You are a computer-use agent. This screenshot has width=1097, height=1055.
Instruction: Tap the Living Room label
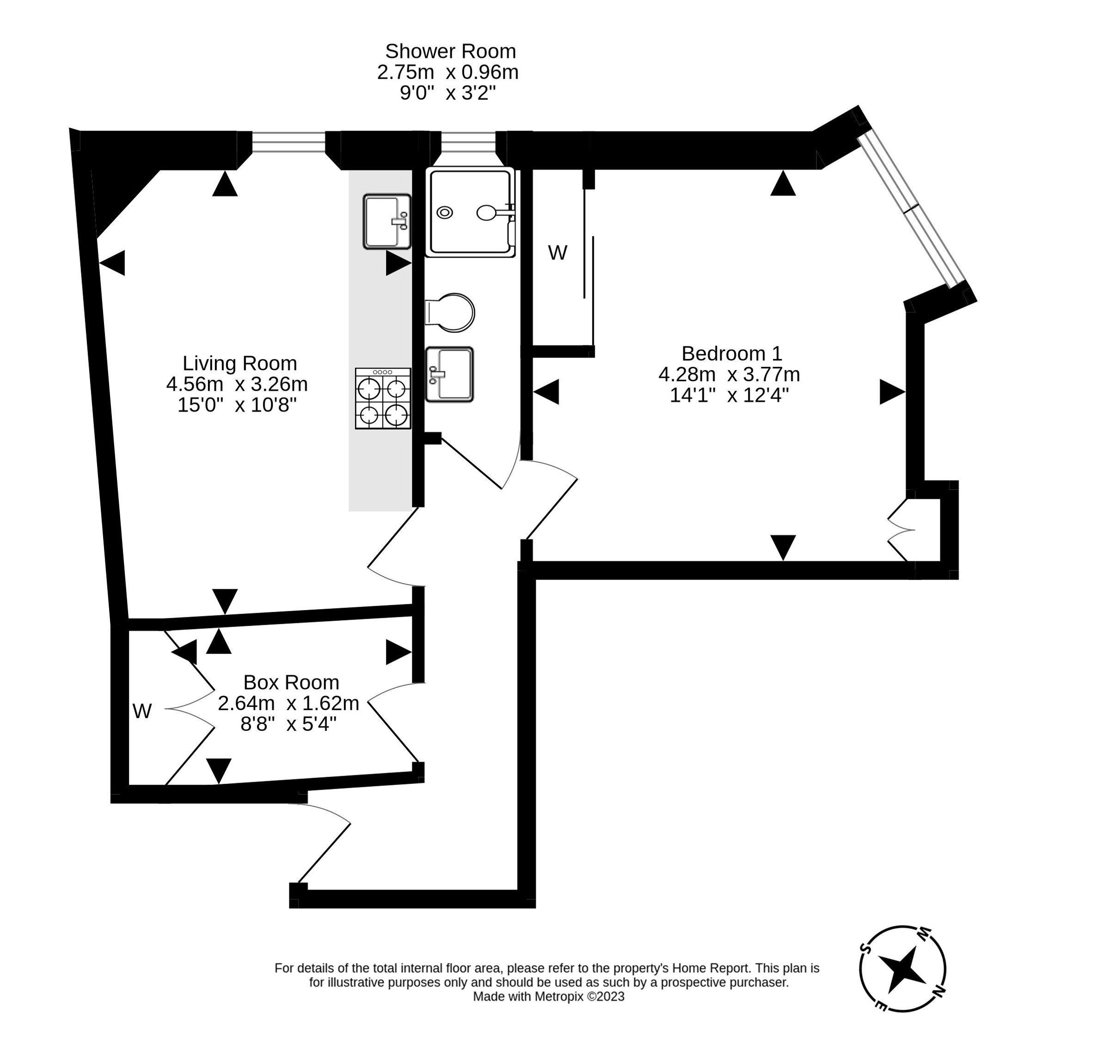[239, 364]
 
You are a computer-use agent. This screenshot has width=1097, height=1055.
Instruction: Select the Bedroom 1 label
[731, 353]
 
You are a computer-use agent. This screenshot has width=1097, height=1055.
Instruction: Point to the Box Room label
[291, 682]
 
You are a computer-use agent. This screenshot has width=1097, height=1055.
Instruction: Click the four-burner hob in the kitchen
[383, 398]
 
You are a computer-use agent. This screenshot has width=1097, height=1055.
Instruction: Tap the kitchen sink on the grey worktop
[387, 221]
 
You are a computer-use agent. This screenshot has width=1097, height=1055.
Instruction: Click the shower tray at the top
[470, 212]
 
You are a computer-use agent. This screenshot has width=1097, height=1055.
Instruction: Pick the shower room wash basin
[449, 374]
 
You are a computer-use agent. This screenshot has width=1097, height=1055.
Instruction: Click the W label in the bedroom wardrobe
[558, 253]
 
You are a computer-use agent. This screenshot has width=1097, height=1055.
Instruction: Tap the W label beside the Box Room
[142, 711]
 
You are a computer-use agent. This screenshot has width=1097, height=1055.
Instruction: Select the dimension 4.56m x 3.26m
[237, 384]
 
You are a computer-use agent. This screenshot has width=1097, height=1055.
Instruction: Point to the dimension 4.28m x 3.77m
[729, 374]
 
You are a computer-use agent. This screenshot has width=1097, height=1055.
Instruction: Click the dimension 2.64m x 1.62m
[288, 703]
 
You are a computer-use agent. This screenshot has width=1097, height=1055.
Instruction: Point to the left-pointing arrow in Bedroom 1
[547, 392]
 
